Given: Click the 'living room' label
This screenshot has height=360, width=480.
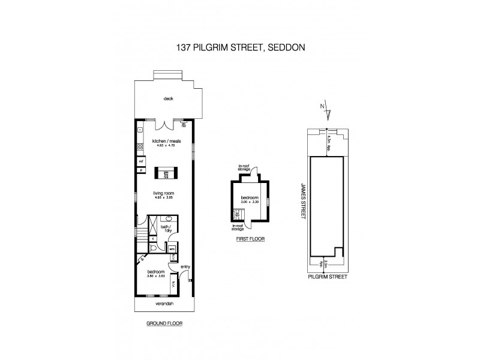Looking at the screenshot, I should tap(163, 194).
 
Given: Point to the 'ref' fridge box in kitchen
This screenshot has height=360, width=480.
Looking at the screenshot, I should tap(141, 161).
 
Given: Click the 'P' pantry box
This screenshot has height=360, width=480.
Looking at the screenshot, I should tap(141, 170).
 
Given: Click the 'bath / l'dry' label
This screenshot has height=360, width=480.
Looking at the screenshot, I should tap(166, 228).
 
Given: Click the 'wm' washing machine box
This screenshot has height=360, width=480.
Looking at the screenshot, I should tap(171, 248).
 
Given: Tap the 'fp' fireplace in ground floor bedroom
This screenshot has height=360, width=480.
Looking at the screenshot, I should tap(142, 259).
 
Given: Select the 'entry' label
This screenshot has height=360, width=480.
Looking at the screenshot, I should tap(184, 268).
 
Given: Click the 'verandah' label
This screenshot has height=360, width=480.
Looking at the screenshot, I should tap(163, 304).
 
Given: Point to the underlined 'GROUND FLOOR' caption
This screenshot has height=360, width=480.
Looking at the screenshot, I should tap(164, 323).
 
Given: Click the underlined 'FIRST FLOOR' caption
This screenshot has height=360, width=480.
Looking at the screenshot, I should tap(250, 239).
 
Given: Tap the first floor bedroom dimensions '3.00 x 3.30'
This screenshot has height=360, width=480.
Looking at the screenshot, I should tap(250, 202).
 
